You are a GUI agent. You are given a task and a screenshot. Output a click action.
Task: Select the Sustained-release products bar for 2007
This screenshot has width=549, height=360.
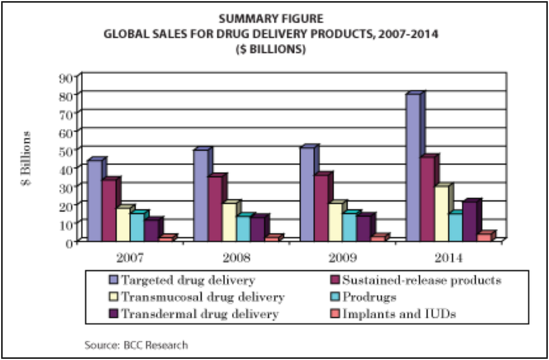[108, 211]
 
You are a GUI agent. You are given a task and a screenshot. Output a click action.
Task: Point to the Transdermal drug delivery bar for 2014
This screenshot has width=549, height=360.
[471, 221]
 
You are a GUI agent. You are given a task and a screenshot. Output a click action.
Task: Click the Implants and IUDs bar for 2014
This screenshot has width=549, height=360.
[484, 237]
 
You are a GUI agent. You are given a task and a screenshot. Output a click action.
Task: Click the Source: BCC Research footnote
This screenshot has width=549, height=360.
[136, 344]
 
